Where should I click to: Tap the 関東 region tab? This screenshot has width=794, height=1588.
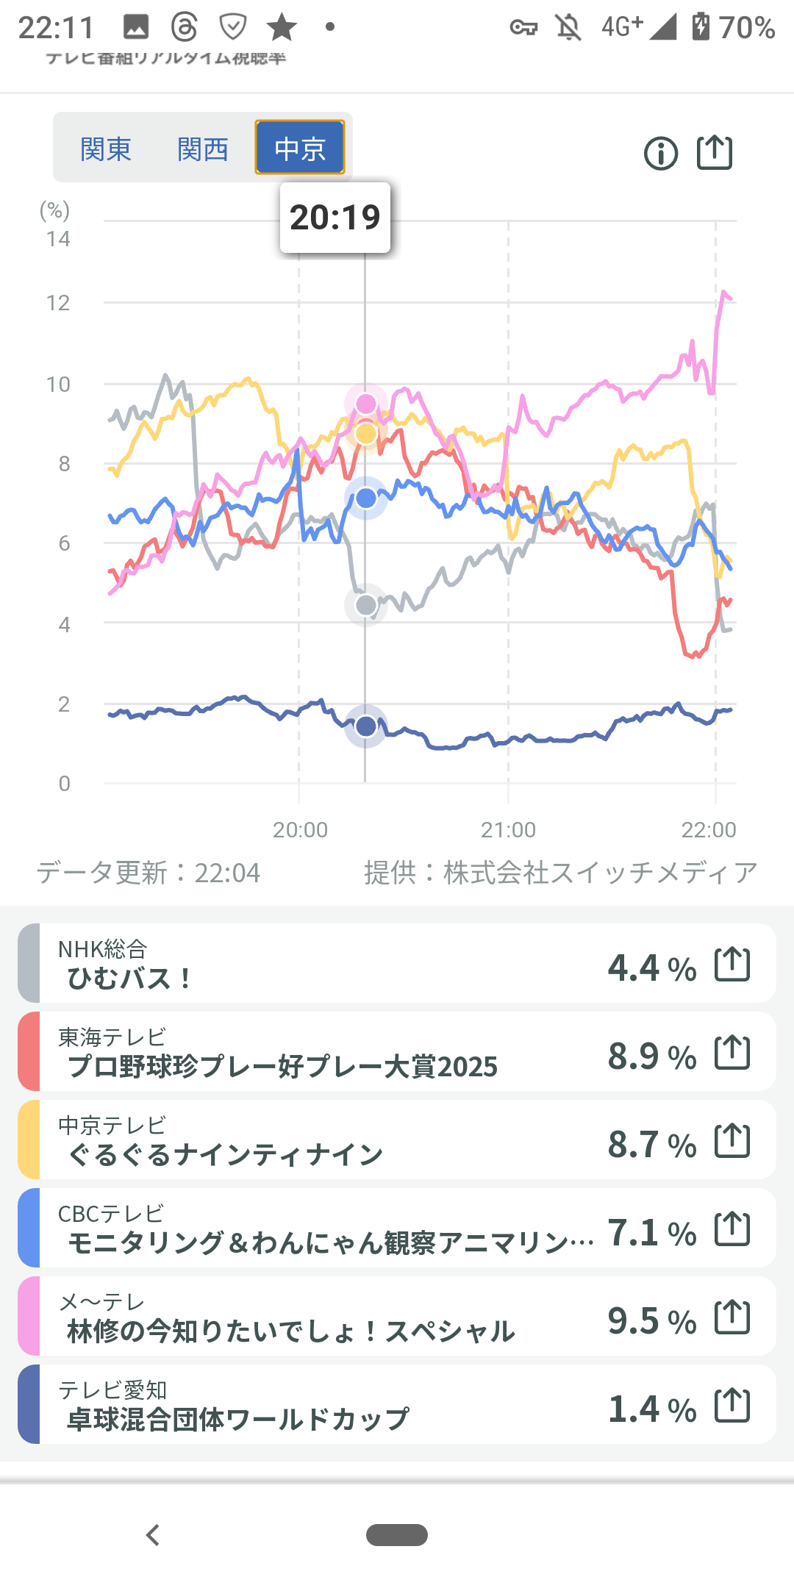point(106,149)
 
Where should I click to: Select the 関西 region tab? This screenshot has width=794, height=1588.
point(203,149)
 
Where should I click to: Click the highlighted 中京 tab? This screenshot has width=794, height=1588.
point(300,148)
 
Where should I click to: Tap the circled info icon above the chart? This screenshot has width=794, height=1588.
point(660,154)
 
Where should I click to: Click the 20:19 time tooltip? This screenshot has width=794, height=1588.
point(335,218)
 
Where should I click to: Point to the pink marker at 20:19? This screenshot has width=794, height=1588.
point(366,404)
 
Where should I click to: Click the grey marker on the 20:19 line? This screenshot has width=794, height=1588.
point(366,605)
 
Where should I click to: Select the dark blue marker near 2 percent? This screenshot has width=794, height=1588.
point(366,726)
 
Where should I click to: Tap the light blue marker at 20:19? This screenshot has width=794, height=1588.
point(366,498)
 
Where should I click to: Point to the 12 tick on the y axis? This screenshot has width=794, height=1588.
point(58,303)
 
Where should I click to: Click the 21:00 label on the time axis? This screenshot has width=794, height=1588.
point(508,830)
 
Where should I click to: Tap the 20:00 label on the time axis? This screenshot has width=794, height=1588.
point(300,830)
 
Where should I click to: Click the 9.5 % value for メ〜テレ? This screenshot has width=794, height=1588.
point(651,1321)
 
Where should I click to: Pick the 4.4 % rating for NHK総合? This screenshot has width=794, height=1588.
point(651,968)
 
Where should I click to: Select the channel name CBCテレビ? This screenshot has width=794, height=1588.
point(111,1214)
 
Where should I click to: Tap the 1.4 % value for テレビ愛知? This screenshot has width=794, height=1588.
point(651,1409)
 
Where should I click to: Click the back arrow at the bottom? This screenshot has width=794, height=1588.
point(153,1535)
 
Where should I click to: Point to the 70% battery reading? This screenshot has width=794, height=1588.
point(746,28)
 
